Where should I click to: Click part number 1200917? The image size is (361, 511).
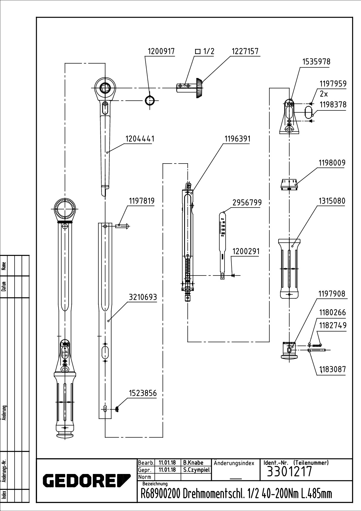[161, 51]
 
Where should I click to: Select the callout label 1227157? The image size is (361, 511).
[245, 51]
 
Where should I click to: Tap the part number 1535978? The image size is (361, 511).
[316, 62]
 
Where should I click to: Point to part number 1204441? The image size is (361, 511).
[140, 139]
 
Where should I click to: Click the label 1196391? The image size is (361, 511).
[237, 139]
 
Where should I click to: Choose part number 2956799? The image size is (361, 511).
[247, 202]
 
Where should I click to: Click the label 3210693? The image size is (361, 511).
[143, 297]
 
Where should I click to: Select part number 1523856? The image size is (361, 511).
[143, 393]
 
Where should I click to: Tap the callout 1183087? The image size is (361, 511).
[332, 369]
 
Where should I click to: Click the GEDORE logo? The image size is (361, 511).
[86, 480]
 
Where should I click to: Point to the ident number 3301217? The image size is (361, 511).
[289, 472]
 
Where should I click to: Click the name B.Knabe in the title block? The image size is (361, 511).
[193, 463]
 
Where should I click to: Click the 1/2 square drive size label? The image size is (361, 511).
[205, 51]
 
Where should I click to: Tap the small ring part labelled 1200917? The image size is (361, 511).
[150, 100]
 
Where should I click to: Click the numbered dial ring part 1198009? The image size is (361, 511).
[289, 184]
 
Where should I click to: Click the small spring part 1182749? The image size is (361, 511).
[316, 345]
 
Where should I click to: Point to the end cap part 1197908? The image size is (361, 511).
[289, 350]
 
